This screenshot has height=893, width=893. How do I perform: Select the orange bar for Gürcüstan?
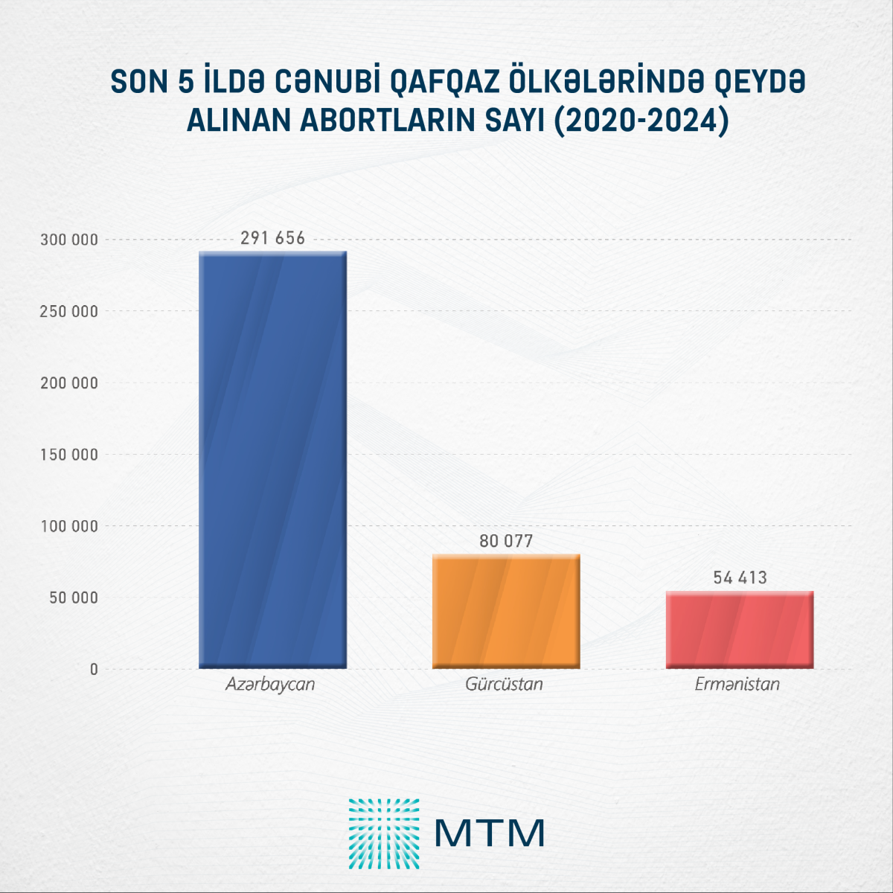[x=506, y=612]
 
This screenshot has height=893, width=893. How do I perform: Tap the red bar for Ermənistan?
[x=740, y=630]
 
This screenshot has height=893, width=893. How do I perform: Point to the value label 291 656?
[x=272, y=238]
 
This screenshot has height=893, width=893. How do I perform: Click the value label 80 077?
[x=506, y=541]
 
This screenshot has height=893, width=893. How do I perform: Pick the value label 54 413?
[x=740, y=577]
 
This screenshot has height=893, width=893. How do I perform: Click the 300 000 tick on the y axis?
[x=68, y=240]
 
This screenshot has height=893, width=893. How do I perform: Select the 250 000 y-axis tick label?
[x=68, y=311]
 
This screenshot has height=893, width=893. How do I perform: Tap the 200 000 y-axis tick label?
[x=68, y=383]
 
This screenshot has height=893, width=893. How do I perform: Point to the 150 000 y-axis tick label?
[x=68, y=455]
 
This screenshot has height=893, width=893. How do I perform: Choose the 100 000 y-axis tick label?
[x=68, y=526]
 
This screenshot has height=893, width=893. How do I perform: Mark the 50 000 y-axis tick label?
[x=73, y=598]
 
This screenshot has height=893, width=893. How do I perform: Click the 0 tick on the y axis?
[x=94, y=669]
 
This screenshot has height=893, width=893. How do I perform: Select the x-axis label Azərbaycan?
[x=270, y=685]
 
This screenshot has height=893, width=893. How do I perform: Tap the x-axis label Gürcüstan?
[x=504, y=684]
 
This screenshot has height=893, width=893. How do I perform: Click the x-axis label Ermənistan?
[x=737, y=684]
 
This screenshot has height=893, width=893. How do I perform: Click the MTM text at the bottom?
[x=489, y=833]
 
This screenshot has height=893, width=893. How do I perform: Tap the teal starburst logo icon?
[x=384, y=833]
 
